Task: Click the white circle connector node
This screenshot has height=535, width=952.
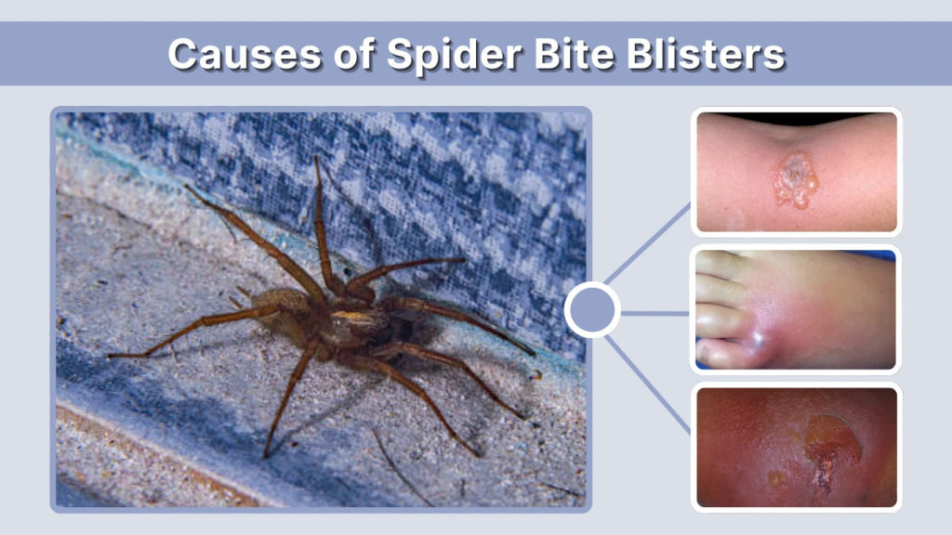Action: point(592,309)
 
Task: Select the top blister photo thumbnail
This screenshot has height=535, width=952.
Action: point(796,172)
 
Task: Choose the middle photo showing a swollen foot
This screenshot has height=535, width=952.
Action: point(796,309)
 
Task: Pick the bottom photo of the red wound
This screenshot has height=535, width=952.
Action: point(796,447)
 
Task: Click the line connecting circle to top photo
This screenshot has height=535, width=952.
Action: point(649,243)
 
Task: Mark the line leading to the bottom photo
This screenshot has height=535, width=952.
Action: point(649,383)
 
